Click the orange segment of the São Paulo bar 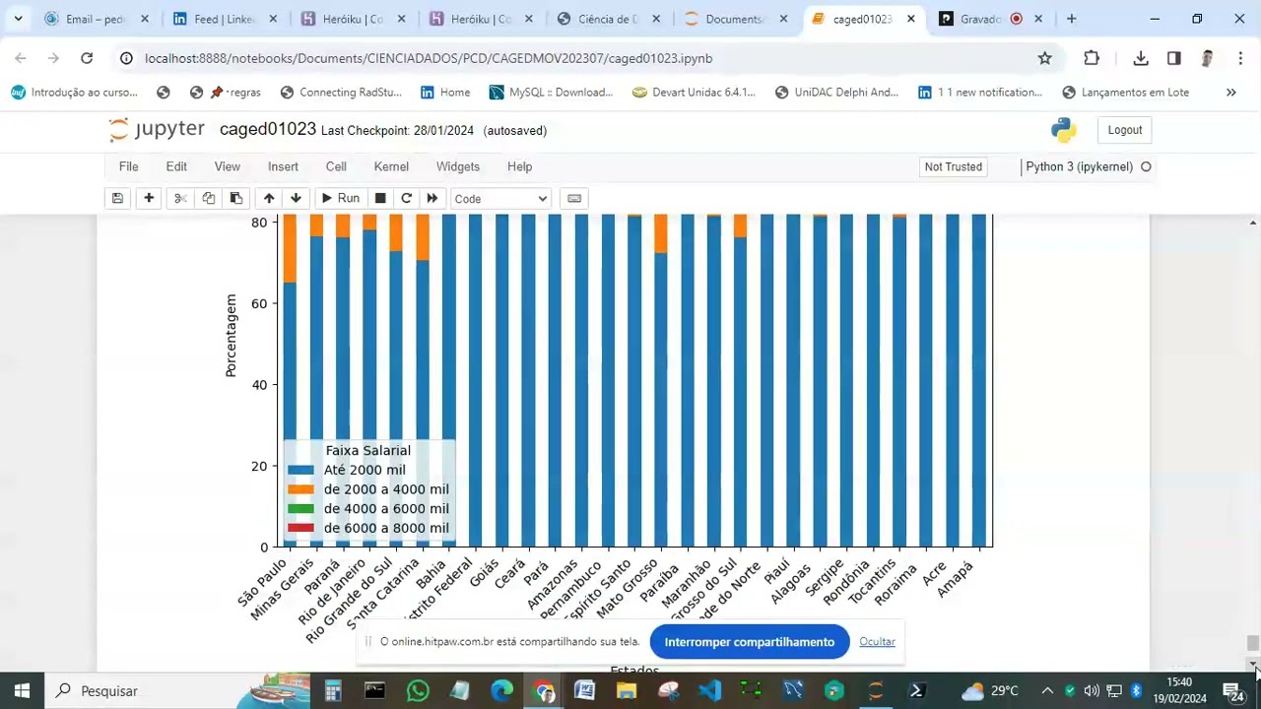click(290, 248)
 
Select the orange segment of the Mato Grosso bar click(660, 234)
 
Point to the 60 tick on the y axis click(259, 303)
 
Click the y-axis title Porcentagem click(232, 335)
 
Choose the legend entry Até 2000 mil click(365, 470)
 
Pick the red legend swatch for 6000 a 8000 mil click(300, 529)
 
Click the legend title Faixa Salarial click(368, 450)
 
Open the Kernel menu click(391, 166)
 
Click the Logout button click(1124, 130)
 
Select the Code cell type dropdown click(500, 199)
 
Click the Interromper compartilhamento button click(749, 642)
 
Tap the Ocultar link click(877, 642)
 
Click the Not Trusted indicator click(953, 167)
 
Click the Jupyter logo click(158, 130)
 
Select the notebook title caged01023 click(268, 130)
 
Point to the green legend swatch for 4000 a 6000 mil click(300, 509)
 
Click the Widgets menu click(458, 166)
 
